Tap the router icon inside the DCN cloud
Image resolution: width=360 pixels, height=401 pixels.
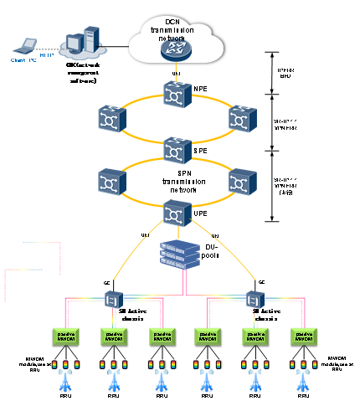176,50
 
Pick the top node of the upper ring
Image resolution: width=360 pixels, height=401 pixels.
176,95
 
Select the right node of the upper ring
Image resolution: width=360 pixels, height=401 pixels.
241,119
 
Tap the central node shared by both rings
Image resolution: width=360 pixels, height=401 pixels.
176,150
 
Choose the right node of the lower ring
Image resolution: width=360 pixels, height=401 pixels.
241,182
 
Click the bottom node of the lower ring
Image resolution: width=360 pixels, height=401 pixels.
176,213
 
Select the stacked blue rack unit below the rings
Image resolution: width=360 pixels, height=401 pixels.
180,254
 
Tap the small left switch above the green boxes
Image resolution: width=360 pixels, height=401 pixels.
113,298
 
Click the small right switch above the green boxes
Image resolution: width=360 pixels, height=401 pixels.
255,298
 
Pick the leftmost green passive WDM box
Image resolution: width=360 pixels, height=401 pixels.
65,337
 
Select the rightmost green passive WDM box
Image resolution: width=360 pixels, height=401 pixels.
303,337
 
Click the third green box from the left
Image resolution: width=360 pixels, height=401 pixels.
162,337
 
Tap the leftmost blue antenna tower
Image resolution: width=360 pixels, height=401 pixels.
65,381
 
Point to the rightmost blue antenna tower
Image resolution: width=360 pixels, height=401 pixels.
303,381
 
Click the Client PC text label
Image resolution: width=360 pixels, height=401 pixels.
23,60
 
